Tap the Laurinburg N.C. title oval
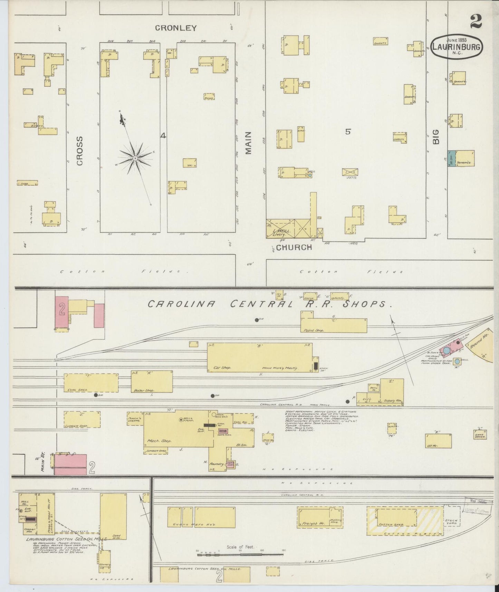[457, 47]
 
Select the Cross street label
[80, 151]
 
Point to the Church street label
[294, 247]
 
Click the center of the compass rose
[135, 158]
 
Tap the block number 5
[348, 132]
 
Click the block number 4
[163, 136]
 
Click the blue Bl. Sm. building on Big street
[451, 159]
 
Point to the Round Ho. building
[482, 345]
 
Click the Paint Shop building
[333, 325]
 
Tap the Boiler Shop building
[152, 381]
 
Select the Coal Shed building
[91, 383]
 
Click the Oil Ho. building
[438, 441]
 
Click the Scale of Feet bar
[240, 554]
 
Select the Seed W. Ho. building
[113, 516]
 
